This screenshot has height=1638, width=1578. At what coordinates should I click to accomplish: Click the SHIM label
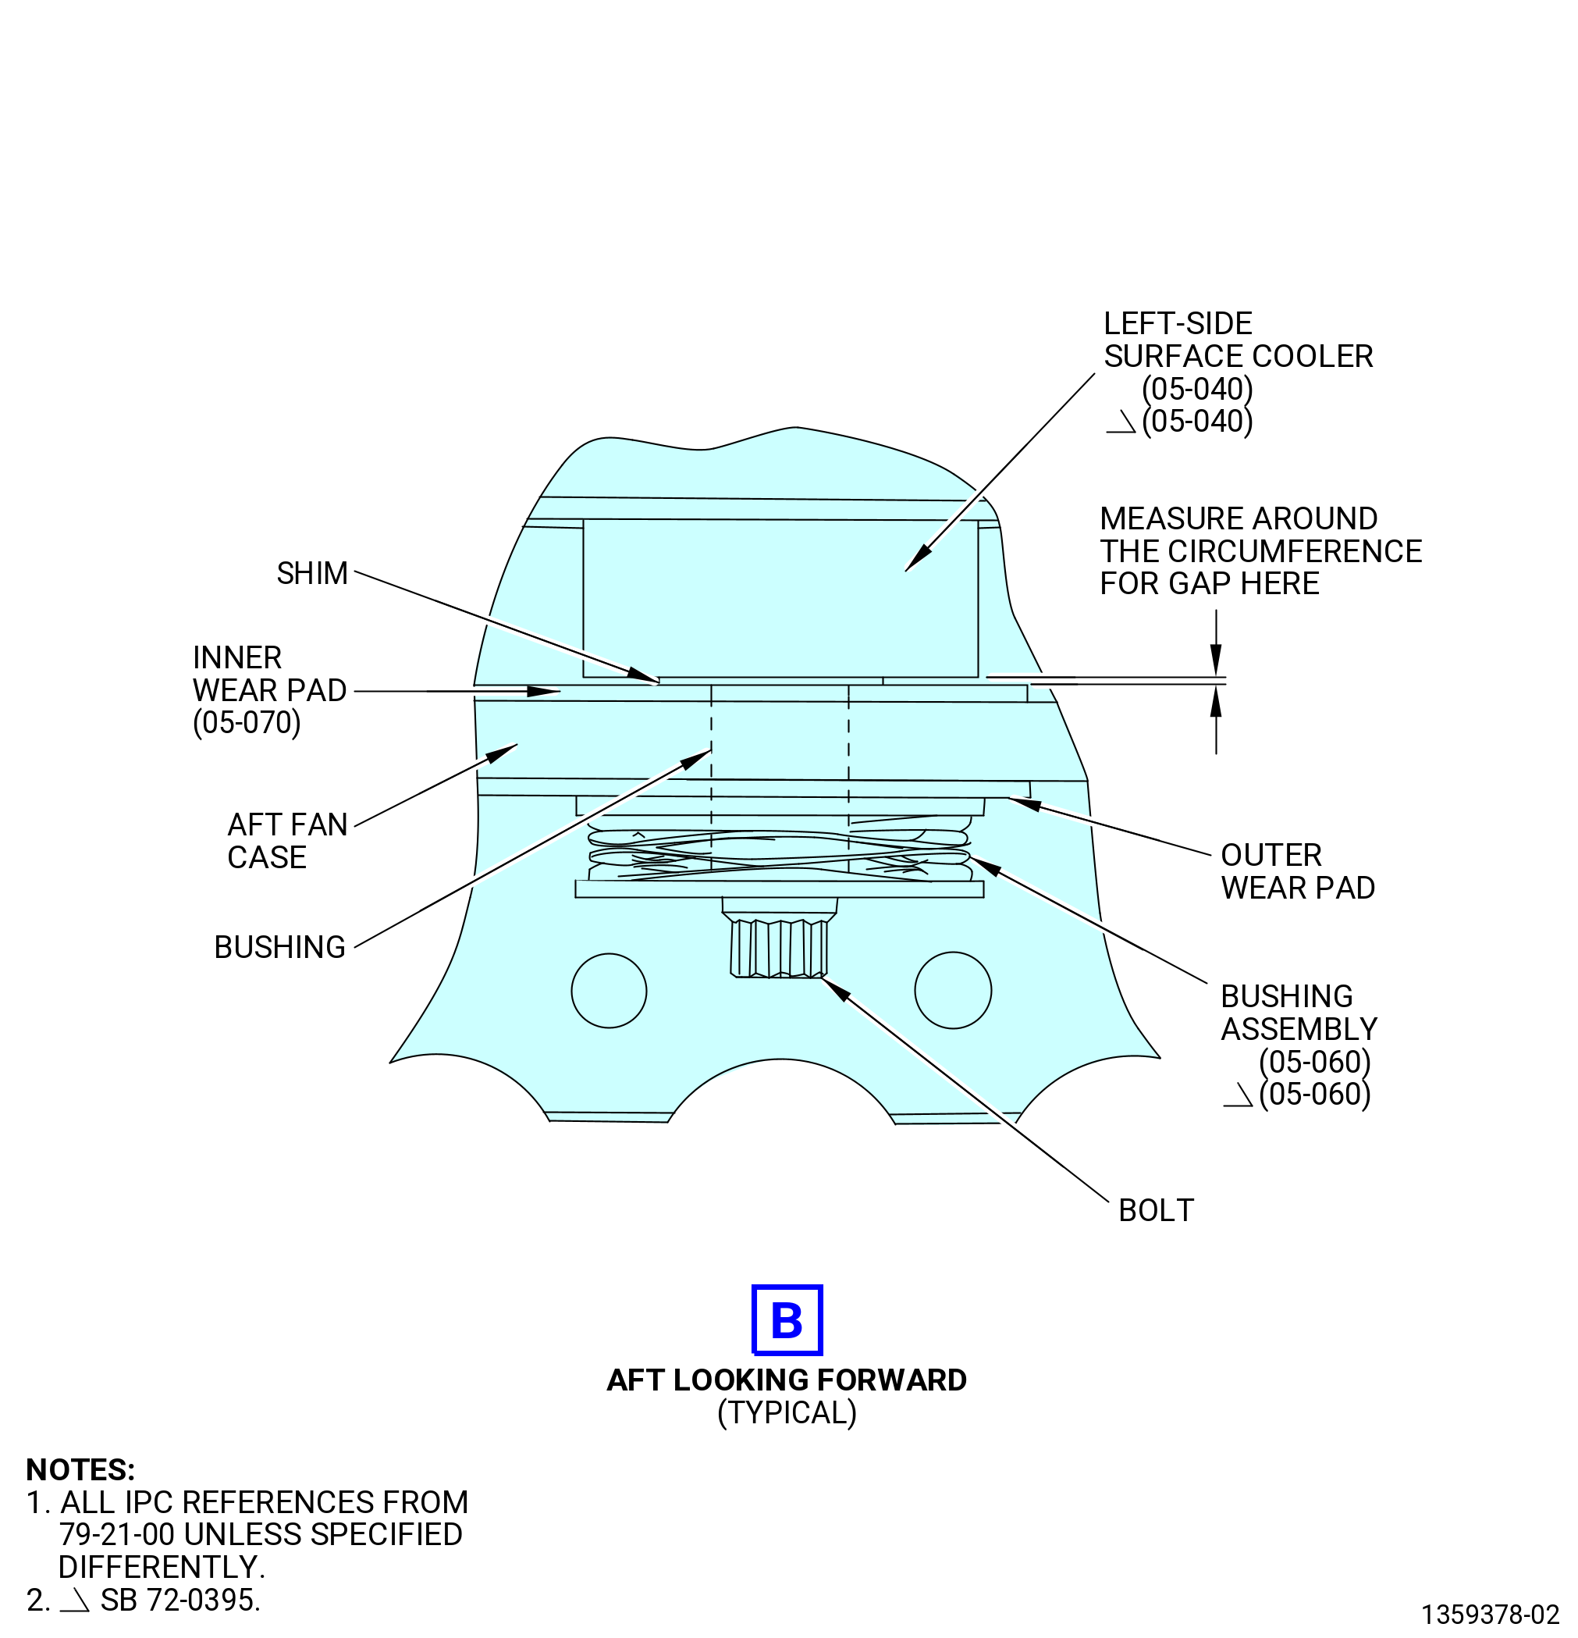311,573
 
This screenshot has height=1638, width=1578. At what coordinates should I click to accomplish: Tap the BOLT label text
1155,1210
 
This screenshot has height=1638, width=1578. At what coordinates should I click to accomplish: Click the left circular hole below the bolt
609,990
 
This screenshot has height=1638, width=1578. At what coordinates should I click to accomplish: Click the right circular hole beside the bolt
953,989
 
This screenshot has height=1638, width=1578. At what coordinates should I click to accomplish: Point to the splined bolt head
779,948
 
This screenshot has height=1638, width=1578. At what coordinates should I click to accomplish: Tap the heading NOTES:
80,1469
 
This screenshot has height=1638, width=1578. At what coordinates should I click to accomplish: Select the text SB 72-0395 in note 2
180,1600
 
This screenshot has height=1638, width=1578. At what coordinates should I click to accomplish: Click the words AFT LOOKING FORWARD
787,1380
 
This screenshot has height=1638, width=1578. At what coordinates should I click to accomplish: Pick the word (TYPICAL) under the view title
787,1412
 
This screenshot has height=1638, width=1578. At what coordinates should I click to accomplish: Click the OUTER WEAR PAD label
1297,871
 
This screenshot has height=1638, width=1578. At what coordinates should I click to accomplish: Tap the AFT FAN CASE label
287,841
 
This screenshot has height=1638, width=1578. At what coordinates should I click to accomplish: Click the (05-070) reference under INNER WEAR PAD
247,722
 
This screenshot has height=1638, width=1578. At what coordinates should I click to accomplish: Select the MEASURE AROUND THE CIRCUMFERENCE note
1260,550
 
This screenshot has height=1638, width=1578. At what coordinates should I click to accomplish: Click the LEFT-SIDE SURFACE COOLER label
1238,372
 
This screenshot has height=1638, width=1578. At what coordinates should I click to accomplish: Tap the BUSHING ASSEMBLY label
1299,1045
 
